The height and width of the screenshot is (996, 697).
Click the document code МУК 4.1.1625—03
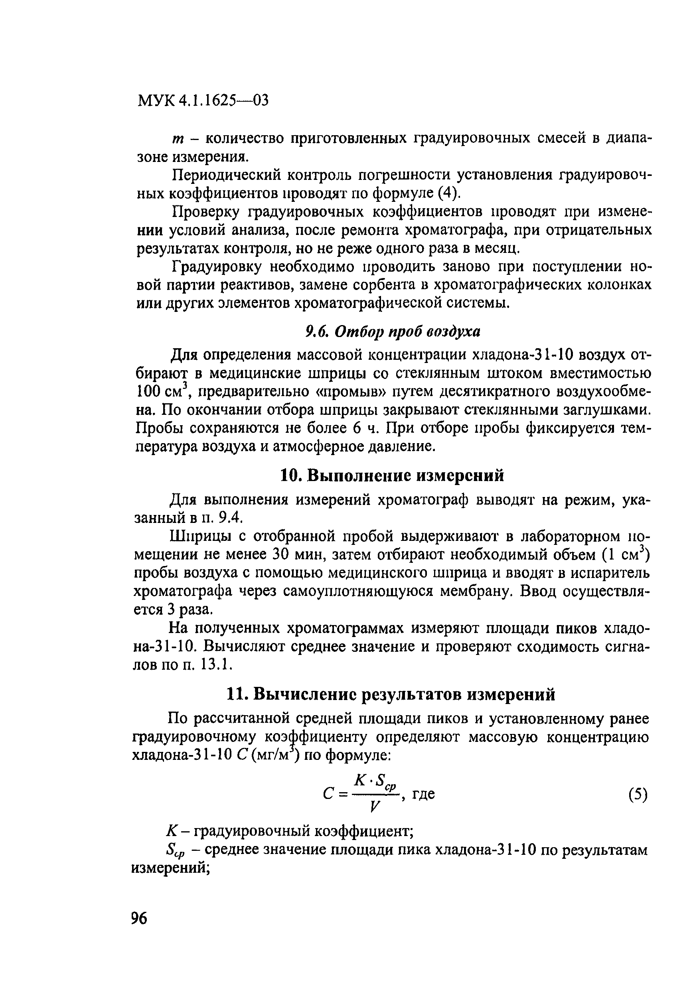[203, 101]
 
